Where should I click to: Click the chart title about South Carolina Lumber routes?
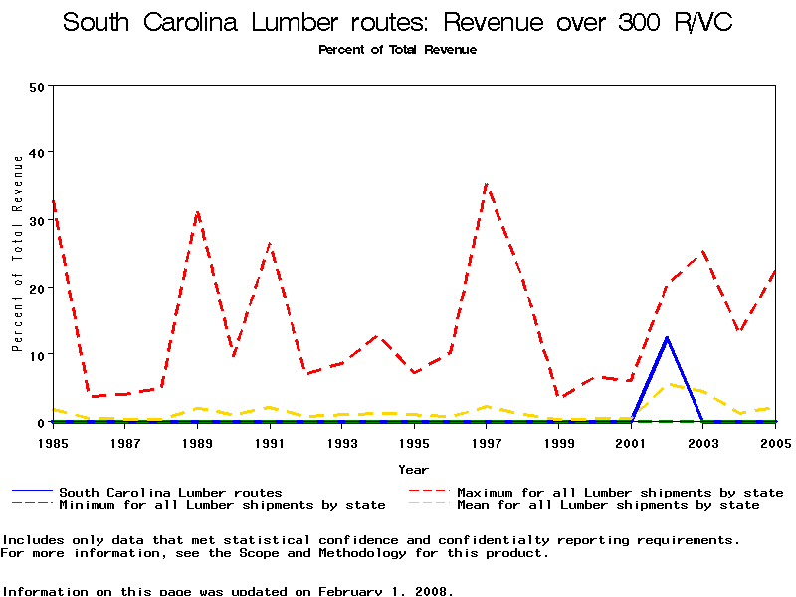click(398, 23)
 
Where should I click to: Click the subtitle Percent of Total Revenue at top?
click(397, 50)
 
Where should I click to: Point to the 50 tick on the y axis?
click(38, 87)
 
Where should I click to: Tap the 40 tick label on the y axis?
click(38, 153)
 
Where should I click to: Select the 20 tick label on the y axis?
click(38, 288)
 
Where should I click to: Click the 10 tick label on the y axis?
click(38, 355)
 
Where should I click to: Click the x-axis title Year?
click(413, 469)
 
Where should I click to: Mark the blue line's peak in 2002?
click(667, 337)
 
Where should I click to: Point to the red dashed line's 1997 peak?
click(486, 184)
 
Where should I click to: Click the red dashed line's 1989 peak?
click(198, 211)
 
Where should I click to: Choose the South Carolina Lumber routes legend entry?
click(169, 492)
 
